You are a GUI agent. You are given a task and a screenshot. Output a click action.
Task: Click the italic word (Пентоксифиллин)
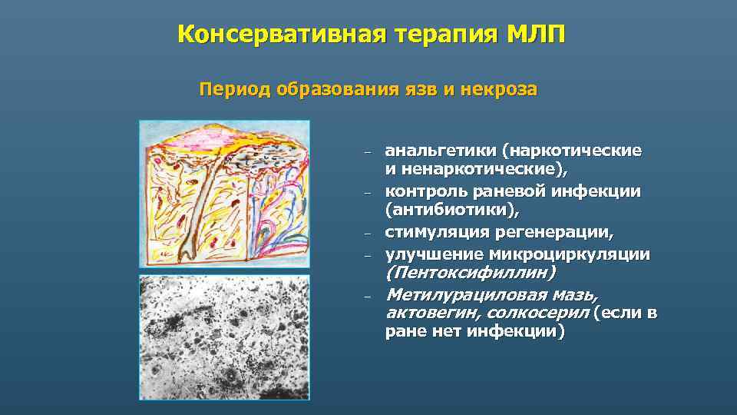471,273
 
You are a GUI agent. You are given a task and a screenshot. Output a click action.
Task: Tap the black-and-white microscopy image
224,337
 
